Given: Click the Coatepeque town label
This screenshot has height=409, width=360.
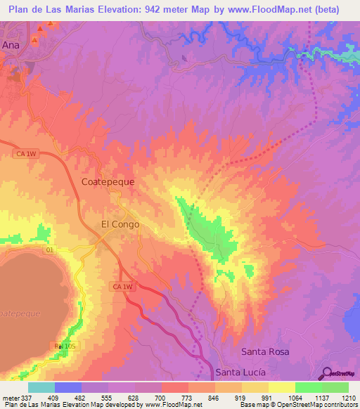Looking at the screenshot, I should (108, 181).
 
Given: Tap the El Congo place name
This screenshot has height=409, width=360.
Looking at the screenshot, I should (120, 225).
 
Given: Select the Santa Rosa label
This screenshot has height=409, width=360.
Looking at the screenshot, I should (265, 351).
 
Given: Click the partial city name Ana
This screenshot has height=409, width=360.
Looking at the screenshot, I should (11, 44).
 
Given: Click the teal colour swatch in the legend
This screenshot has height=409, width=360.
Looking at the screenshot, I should (41, 387).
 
